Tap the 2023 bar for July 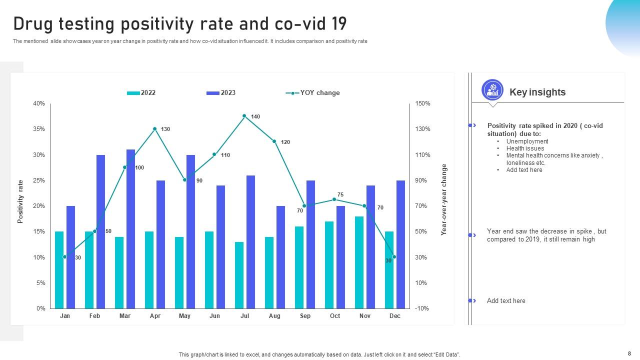(251, 242)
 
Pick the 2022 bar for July (239, 275)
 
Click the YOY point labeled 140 (244, 116)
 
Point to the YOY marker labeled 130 (155, 129)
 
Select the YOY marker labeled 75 (334, 199)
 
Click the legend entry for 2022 (141, 93)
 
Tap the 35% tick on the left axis (39, 129)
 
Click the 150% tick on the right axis (422, 103)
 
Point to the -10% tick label (421, 308)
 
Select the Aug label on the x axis (274, 316)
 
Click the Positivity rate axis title (21, 201)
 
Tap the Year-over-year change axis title (444, 199)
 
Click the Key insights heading (537, 92)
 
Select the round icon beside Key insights (492, 90)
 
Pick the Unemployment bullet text (527, 141)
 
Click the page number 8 (629, 353)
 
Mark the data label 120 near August (285, 142)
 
